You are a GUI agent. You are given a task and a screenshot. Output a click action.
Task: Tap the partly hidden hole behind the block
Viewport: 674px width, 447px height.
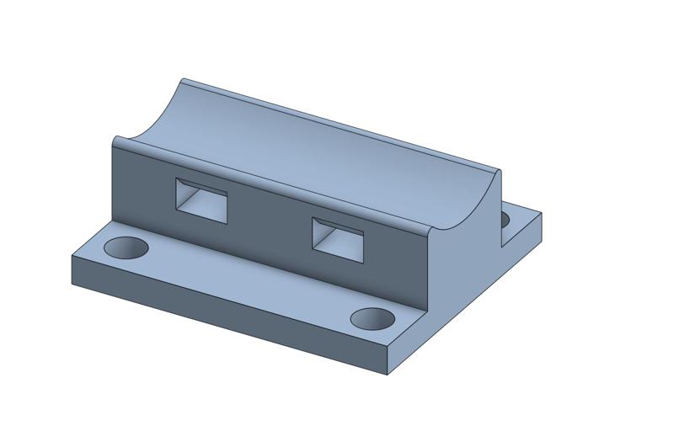tap(505, 221)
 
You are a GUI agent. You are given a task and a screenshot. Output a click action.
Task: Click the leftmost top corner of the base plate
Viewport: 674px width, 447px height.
tap(72, 256)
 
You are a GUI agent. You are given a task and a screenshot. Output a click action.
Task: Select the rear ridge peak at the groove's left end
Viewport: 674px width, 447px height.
tap(184, 80)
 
